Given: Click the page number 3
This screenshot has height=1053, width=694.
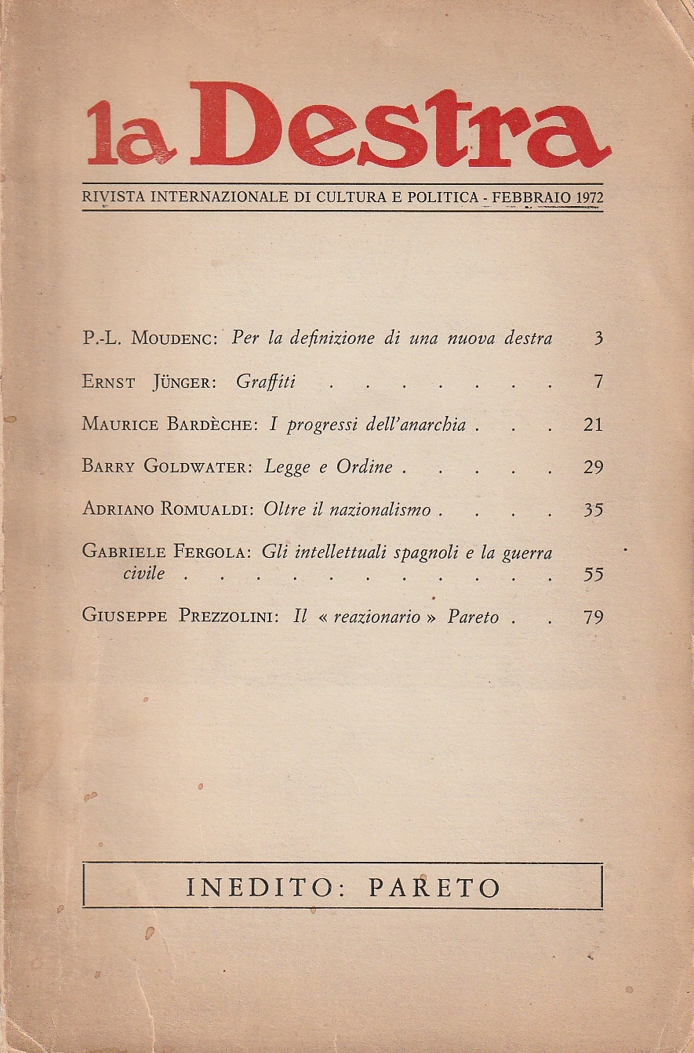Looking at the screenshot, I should pos(598,339).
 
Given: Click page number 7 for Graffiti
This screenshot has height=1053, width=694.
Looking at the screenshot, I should pos(598,382).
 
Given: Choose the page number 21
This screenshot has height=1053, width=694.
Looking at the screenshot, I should pos(594,425).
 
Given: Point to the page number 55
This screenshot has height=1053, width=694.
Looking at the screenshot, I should pos(594,574).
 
